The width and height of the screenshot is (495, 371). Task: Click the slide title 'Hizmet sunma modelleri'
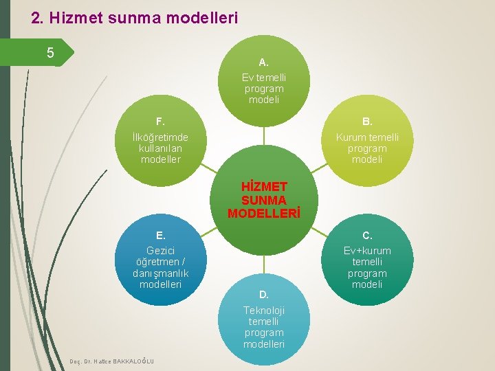135,17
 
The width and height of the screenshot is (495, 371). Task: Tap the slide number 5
50,52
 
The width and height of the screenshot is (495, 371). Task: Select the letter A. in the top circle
263,63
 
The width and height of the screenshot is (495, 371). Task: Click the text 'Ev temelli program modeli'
264,89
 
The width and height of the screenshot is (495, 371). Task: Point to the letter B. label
367,122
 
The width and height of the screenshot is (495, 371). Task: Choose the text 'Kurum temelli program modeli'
367,148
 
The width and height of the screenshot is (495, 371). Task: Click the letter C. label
367,236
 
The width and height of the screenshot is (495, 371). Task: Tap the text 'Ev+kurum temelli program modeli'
367,267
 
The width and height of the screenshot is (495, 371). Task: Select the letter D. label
263,295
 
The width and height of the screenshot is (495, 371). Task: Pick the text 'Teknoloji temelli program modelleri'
264,327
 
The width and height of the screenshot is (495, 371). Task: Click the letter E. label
160,236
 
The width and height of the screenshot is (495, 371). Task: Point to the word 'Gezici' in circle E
160,251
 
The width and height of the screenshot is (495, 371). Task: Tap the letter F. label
160,122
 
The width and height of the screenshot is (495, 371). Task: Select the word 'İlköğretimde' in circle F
160,137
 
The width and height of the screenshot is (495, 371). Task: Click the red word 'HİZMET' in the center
264,186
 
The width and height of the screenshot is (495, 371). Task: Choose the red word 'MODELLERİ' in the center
264,212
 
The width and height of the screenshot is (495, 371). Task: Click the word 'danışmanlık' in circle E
160,273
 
